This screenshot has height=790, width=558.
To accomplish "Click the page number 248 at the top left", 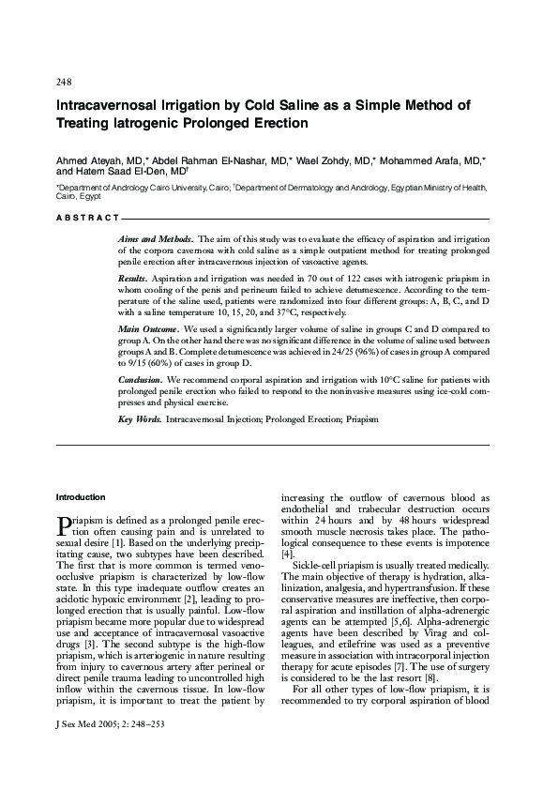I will point(65,82).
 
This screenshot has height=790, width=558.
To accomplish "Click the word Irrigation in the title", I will point(204,104).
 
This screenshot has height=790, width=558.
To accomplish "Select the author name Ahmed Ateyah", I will point(86,160).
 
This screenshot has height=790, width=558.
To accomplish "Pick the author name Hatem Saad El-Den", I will point(119,172).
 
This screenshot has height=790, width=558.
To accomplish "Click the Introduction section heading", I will point(81,496).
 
